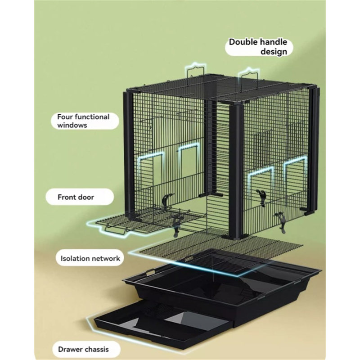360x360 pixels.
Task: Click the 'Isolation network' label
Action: [90, 258]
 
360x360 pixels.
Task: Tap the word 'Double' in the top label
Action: [243, 42]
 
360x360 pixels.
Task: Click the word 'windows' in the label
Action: [72, 126]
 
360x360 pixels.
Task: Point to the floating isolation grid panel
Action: [220, 252]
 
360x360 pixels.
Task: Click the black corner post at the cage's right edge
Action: [314, 149]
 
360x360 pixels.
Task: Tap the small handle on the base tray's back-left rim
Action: [151, 272]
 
